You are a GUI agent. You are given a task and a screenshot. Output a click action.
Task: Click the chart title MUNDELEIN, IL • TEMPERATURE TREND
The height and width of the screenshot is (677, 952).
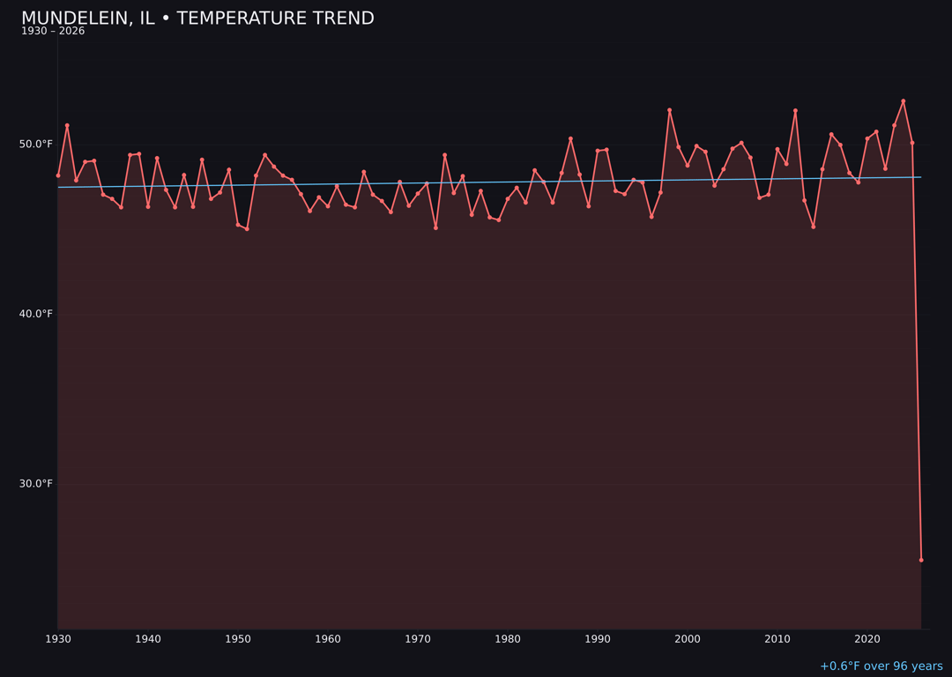[x=197, y=19]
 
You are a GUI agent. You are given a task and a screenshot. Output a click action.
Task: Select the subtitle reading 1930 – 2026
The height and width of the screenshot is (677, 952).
[x=53, y=32]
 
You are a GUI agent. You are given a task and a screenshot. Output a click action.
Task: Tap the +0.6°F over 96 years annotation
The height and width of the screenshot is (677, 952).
[x=881, y=666]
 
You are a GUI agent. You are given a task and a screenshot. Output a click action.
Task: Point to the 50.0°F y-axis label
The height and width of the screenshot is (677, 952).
[x=36, y=144]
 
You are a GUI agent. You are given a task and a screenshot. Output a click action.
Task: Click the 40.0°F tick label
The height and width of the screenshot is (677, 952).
[x=36, y=314]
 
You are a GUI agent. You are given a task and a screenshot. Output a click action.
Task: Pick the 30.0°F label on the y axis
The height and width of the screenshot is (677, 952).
[x=36, y=484]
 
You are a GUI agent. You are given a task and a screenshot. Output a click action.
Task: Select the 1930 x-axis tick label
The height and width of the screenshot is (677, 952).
[x=58, y=639]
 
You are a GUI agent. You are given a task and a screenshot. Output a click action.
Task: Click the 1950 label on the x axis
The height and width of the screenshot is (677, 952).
[x=238, y=639]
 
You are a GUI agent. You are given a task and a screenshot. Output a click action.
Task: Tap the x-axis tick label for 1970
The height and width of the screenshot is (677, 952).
[x=418, y=639]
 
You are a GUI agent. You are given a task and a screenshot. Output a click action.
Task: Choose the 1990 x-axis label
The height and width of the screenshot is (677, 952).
[x=598, y=639]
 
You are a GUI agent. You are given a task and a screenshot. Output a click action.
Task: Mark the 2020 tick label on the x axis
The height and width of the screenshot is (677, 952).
[x=867, y=639]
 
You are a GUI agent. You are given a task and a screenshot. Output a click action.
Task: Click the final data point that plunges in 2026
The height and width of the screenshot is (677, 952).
[x=921, y=560]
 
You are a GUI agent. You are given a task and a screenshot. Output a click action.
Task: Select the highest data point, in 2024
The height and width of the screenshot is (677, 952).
[x=903, y=101]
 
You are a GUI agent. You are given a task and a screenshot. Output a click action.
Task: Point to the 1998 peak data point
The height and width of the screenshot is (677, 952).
[x=669, y=110]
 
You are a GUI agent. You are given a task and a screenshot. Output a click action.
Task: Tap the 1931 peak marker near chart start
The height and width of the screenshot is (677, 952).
[x=67, y=125]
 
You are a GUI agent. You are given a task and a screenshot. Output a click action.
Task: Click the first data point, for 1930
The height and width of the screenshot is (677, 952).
[x=58, y=175]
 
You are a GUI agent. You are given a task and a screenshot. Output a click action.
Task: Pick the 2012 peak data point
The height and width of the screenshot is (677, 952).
[x=795, y=111]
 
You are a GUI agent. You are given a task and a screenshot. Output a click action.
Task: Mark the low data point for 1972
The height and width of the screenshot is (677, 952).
[x=435, y=227]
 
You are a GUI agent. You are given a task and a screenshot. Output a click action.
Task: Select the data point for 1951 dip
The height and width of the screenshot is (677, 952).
[x=247, y=229]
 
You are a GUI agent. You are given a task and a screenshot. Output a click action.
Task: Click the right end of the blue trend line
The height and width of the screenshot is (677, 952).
[x=920, y=177]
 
